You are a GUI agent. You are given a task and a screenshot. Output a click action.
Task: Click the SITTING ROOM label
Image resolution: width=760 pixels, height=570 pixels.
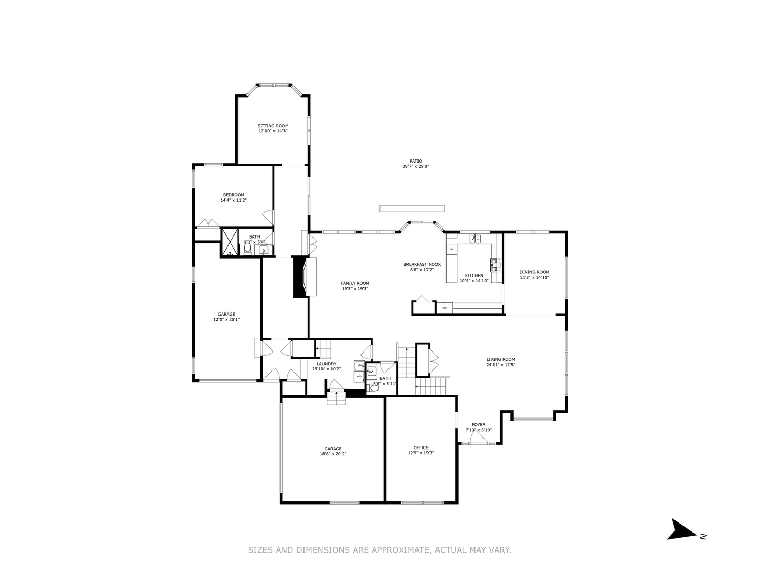point(273,126)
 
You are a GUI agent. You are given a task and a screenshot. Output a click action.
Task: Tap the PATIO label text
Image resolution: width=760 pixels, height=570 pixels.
point(416,161)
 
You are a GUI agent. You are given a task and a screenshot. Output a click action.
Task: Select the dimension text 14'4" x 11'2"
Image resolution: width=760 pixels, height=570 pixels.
point(233,201)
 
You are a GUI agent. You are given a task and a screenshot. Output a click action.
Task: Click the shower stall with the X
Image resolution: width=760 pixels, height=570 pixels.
point(230,243)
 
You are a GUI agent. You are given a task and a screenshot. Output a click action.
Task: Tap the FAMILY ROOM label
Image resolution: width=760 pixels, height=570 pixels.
point(355,283)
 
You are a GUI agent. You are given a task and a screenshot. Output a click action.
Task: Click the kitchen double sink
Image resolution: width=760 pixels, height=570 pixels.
point(475,239)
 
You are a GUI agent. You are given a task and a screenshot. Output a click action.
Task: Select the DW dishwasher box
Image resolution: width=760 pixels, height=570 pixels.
point(451,249)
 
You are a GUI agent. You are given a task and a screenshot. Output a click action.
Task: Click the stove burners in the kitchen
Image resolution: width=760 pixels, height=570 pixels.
point(495,264)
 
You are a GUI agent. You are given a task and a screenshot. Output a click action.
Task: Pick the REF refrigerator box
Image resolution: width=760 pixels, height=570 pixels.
point(444,308)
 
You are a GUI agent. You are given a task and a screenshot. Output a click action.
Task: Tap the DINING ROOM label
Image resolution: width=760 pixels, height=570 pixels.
point(534,272)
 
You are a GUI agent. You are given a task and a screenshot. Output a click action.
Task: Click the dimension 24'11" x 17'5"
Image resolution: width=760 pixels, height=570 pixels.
point(500,365)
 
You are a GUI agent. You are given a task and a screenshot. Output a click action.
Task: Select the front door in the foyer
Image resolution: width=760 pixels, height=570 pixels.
point(479,441)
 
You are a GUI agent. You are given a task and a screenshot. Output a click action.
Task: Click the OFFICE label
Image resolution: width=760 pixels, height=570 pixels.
point(421,448)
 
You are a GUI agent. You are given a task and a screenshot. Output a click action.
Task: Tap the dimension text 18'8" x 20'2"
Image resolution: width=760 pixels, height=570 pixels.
point(332,454)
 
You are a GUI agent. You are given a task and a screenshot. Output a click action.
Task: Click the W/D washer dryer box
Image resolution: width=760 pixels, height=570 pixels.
point(359,377)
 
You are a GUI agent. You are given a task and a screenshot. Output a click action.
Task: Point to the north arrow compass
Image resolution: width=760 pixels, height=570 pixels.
point(683,530)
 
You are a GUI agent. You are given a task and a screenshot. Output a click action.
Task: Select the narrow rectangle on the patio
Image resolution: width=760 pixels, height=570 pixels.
point(412,208)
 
